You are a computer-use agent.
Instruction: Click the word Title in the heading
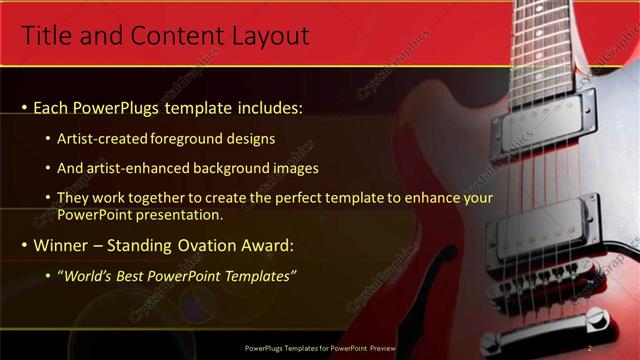[x=45, y=37]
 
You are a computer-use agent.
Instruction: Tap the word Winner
[x=65, y=245]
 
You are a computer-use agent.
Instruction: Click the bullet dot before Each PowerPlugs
[x=25, y=108]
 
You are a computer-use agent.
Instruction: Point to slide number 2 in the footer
[x=590, y=348]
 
